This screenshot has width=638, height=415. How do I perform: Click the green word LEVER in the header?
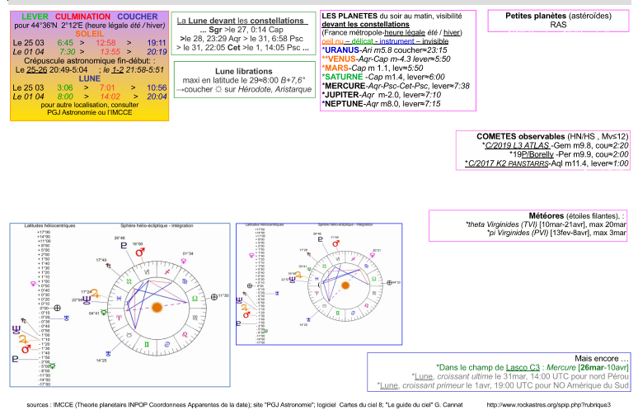(x=35, y=17)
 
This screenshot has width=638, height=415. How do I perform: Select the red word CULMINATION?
(x=83, y=17)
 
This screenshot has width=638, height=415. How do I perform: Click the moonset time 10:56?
(x=157, y=86)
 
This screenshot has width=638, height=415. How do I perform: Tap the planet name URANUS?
(x=345, y=50)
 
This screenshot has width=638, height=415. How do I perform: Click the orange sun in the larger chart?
(x=155, y=308)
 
